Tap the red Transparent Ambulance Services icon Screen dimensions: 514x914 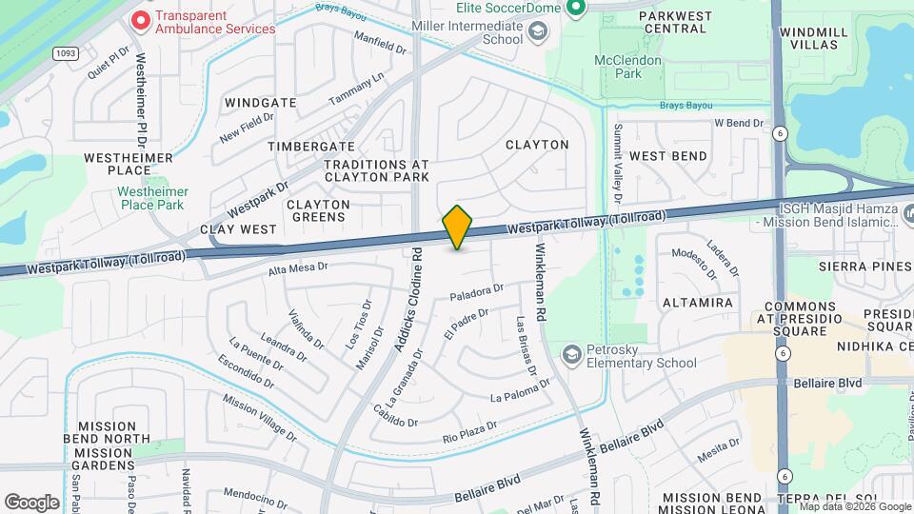pyautogui.click(x=140, y=19)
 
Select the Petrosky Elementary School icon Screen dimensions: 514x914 pyautogui.click(x=571, y=354)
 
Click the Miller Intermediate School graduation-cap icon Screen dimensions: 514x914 pyautogui.click(x=537, y=33)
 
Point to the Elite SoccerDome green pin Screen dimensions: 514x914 pyautogui.click(x=575, y=9)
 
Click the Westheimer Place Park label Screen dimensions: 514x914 pyautogui.click(x=152, y=197)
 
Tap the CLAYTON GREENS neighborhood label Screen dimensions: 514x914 pyautogui.click(x=318, y=210)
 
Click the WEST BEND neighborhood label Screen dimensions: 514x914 pyautogui.click(x=668, y=155)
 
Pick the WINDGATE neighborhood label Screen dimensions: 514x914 pyautogui.click(x=260, y=102)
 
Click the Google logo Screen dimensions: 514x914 pyautogui.click(x=32, y=502)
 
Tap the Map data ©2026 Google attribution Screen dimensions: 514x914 pyautogui.click(x=853, y=506)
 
